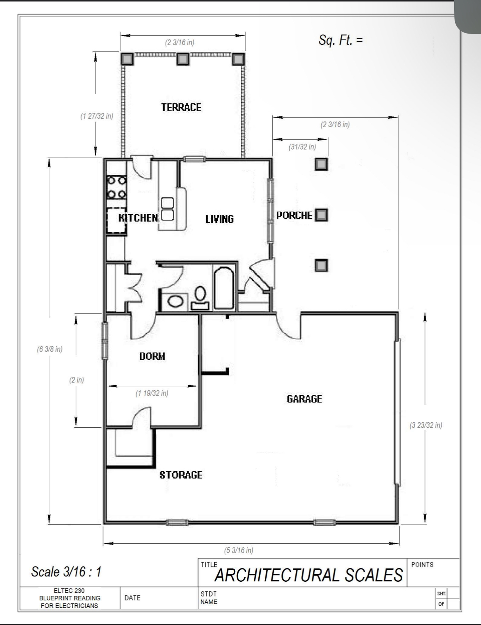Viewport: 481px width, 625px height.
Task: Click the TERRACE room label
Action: coord(181,107)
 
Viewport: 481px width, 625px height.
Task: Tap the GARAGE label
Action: coord(304,399)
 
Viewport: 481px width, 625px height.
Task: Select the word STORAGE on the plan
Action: coord(181,475)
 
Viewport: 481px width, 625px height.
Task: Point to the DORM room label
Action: coord(152,356)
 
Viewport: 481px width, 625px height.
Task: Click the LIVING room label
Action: coord(220,219)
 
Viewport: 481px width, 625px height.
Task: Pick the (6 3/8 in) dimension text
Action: coord(50,350)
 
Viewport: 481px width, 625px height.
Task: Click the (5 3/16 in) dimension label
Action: coord(239,550)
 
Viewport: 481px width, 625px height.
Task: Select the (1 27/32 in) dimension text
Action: coord(97,116)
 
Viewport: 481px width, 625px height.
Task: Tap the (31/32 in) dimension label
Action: coord(302,147)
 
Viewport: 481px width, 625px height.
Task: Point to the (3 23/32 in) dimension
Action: coord(426,425)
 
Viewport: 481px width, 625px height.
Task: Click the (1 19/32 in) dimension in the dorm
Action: coord(152,393)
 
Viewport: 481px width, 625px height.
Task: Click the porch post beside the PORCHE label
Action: coord(321,215)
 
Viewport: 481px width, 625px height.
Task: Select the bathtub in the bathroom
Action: coord(224,287)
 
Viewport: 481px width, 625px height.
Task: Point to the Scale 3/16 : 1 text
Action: coord(66,572)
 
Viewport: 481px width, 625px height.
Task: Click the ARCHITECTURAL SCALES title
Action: coord(309,575)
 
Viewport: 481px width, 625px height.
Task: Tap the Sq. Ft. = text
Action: coord(340,40)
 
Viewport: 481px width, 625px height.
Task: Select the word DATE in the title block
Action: coord(132,598)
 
